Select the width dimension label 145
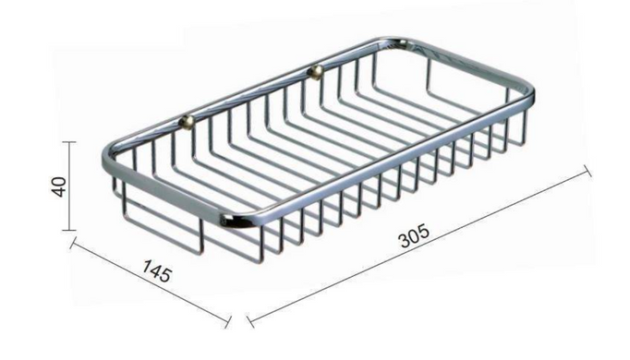(157, 270)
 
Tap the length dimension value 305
(414, 237)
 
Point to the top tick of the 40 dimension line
(69, 142)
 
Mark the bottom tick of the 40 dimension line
(69, 230)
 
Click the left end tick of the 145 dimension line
(73, 243)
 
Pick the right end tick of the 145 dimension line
(228, 322)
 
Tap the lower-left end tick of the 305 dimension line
(250, 321)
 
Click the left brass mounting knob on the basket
(187, 120)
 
